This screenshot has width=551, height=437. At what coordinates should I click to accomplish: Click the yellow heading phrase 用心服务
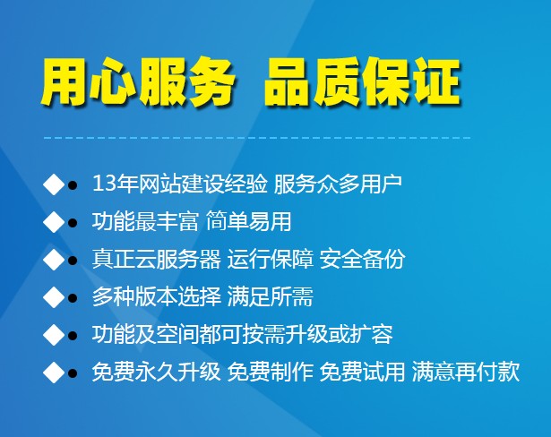coord(138,83)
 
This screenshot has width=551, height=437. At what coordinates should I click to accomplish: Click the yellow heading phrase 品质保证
coord(362,82)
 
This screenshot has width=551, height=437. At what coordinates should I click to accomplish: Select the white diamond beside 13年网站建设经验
coord(54,184)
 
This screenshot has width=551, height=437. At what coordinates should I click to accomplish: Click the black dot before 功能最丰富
coord(73,222)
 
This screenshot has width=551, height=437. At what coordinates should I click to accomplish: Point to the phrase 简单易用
coord(248,221)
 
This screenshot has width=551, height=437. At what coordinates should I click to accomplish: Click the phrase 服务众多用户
coord(338,184)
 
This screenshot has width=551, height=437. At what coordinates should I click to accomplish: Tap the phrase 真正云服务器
coord(157,260)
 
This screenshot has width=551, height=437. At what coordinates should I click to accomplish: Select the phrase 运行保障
coord(271,260)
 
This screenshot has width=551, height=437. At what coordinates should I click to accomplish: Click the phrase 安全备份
coord(362,260)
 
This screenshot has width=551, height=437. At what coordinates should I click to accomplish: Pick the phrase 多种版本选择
coord(157,296)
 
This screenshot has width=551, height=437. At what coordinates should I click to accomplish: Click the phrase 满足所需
coord(271,296)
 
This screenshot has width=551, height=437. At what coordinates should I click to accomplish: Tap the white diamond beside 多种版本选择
coord(54,297)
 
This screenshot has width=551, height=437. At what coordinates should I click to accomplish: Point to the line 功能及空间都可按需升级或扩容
coord(243,334)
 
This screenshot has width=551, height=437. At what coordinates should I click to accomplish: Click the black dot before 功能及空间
coord(73,336)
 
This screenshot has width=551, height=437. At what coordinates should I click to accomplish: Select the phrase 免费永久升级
coord(157,372)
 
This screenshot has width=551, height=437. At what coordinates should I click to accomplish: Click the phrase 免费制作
coord(271,372)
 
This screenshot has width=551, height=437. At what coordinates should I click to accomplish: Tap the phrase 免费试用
coord(362,372)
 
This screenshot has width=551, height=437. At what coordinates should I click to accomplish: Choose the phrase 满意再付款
coord(466,372)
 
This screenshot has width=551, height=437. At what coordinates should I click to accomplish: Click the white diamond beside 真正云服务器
coord(54,260)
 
